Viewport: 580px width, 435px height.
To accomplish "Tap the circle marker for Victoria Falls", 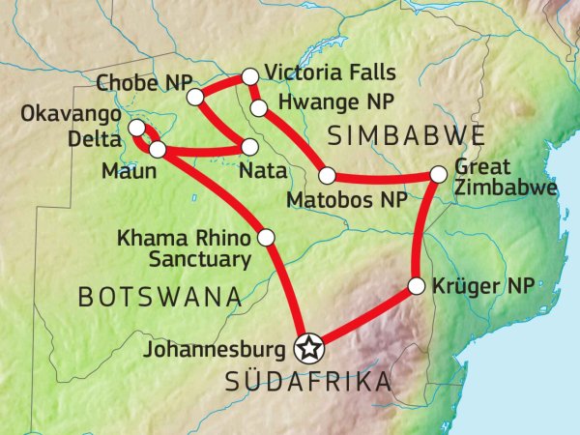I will [x=249, y=75].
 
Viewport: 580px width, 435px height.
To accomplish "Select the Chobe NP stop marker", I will [x=195, y=97].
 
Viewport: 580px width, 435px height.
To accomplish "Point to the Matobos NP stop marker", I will [x=327, y=175].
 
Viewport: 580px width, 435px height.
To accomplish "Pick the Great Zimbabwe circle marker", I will [x=438, y=174].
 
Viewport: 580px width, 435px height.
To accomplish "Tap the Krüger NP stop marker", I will [x=417, y=286].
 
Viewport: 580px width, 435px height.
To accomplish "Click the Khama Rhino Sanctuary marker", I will [x=267, y=237].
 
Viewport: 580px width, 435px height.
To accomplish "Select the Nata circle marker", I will [x=249, y=147].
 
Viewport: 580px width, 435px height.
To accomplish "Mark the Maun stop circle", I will [x=158, y=150].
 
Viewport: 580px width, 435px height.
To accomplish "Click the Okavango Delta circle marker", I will [x=137, y=129].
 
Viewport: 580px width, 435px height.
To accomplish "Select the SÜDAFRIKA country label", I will [x=308, y=383].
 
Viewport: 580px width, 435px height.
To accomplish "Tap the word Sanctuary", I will [x=200, y=258].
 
